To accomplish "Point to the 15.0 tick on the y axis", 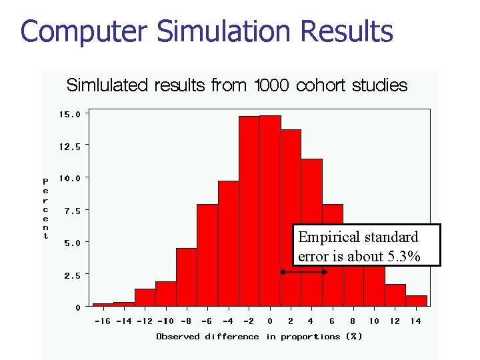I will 69,114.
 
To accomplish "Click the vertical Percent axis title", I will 45,208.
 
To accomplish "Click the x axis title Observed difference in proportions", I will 259,337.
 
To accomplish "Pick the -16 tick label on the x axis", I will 103,321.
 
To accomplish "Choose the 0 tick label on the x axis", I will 270,321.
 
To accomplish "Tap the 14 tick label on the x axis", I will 415,321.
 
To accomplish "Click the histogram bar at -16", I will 103,305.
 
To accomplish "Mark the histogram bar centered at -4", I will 228,243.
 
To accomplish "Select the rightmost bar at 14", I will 416,301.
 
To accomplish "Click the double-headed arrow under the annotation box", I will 304,272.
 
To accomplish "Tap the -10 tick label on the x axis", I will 165,321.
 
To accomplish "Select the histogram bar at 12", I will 395,295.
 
